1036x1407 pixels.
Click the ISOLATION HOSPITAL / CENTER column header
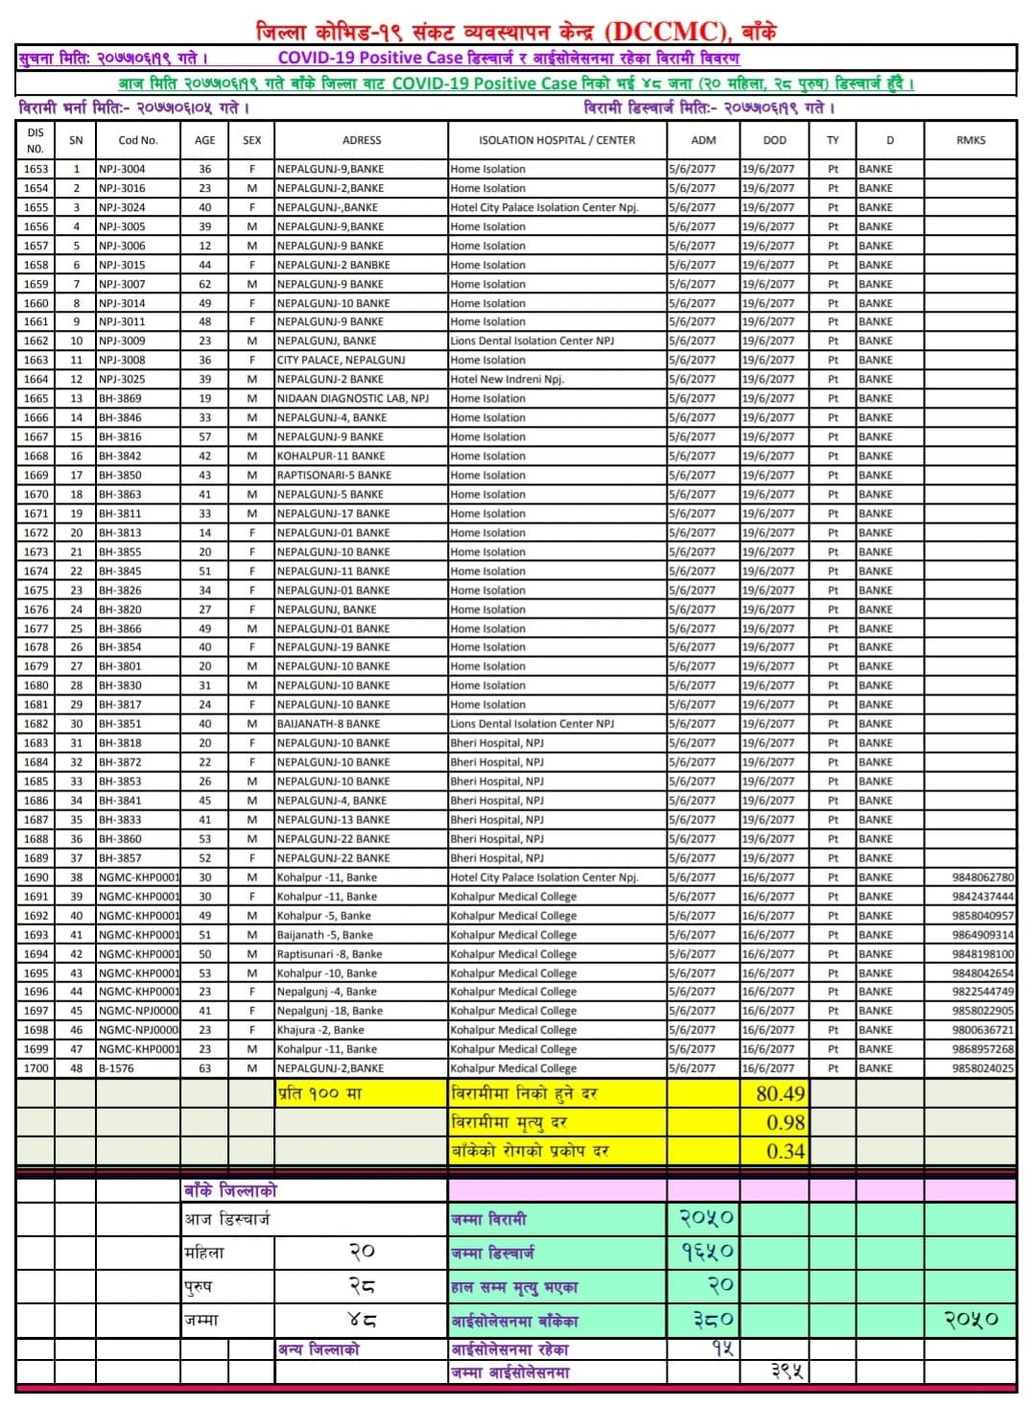coord(556,140)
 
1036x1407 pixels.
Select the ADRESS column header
coord(362,140)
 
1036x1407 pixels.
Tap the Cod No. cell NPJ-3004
coord(122,169)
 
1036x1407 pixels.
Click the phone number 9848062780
coord(982,878)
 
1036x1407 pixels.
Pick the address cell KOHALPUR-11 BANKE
coord(331,457)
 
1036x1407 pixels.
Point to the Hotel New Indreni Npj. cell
coord(507,380)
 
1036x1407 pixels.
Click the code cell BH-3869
coord(120,399)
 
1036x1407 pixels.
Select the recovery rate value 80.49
coord(780,1093)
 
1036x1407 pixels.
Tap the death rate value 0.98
coord(785,1122)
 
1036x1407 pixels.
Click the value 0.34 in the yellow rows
coord(785,1151)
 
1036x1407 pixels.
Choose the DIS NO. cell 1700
coord(35,1068)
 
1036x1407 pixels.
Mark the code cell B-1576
coord(116,1068)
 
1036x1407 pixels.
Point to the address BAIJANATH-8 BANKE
coord(328,724)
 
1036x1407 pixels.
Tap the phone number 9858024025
coord(982,1068)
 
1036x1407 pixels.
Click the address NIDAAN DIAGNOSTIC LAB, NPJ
coord(352,399)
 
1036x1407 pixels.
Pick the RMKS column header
coord(971,140)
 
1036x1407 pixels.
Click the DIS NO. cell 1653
coord(35,169)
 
